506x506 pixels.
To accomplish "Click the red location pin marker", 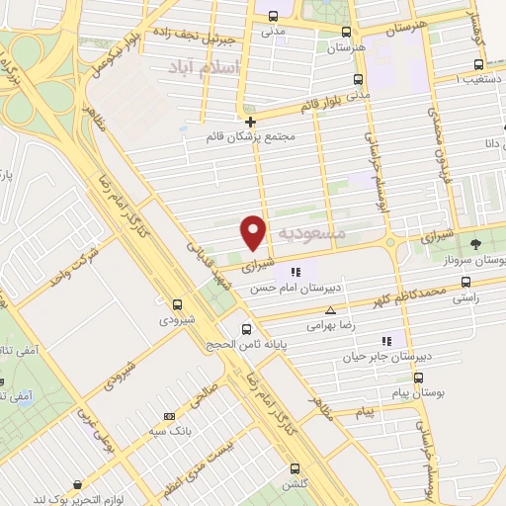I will click(x=254, y=231).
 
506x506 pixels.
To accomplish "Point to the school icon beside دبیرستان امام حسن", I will click(x=295, y=272).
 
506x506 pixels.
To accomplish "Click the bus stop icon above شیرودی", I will click(x=178, y=305).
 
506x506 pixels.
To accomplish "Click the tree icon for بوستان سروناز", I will click(x=475, y=243).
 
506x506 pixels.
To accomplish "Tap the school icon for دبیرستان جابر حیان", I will click(x=400, y=341).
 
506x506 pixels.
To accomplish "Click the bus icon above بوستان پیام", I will click(x=419, y=378).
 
